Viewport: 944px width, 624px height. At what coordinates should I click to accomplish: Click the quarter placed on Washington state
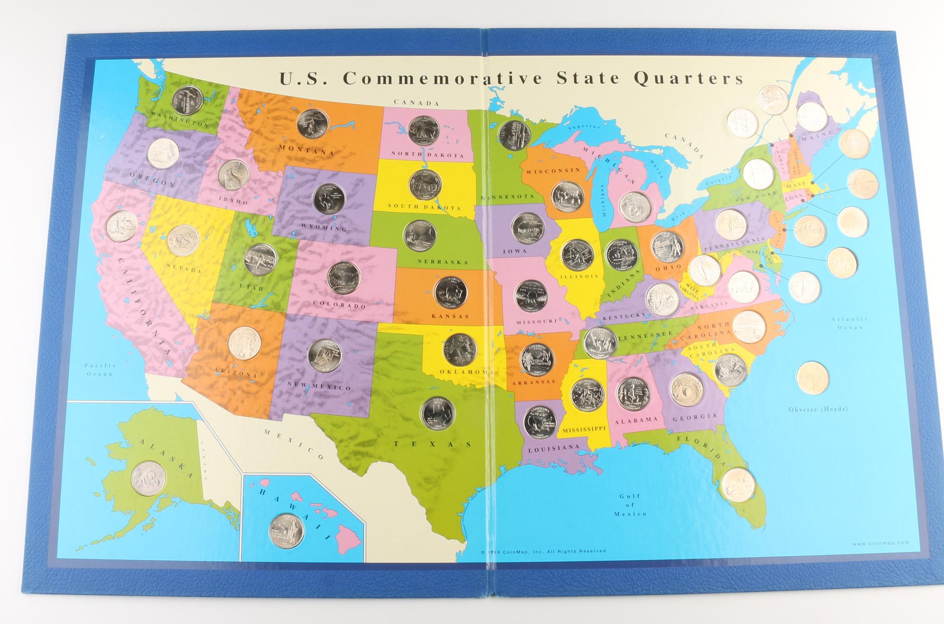[187, 101]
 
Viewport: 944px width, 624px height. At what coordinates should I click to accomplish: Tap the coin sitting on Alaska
[148, 478]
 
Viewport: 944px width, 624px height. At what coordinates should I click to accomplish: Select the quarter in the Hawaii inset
[286, 530]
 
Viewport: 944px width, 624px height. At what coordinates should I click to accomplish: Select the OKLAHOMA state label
[467, 372]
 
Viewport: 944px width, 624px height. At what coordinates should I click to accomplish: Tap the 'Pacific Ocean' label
[100, 369]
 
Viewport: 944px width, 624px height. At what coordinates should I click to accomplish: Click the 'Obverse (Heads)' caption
[818, 409]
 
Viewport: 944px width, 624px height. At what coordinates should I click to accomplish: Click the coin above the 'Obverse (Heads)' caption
[813, 377]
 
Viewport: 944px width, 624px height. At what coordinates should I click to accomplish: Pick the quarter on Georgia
[687, 389]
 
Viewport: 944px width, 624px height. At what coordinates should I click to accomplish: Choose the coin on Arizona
[244, 343]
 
